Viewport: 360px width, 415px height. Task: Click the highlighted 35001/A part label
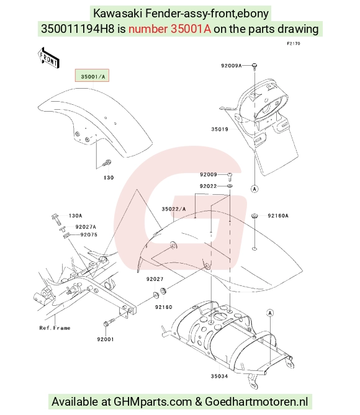pyautogui.click(x=92, y=76)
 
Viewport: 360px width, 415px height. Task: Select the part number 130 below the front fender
pyautogui.click(x=109, y=177)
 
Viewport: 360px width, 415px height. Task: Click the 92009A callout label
pyautogui.click(x=231, y=66)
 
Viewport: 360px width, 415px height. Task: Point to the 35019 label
pyautogui.click(x=220, y=130)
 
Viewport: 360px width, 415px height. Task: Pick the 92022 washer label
pyautogui.click(x=208, y=186)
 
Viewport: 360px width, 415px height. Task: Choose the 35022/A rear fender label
pyautogui.click(x=174, y=209)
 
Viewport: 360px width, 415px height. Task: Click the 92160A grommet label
pyautogui.click(x=278, y=216)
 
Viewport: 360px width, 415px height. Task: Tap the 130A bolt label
pyautogui.click(x=76, y=216)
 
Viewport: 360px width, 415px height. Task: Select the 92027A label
pyautogui.click(x=86, y=227)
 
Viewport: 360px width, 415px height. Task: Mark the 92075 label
pyautogui.click(x=89, y=234)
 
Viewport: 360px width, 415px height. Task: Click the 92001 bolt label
pyautogui.click(x=106, y=339)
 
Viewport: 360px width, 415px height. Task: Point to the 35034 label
pyautogui.click(x=219, y=376)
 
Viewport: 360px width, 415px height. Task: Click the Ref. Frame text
pyautogui.click(x=55, y=328)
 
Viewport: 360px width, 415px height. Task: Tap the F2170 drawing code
pyautogui.click(x=294, y=43)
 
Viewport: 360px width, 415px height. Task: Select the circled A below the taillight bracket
pyautogui.click(x=254, y=189)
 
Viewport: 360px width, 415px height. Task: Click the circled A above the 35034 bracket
pyautogui.click(x=270, y=313)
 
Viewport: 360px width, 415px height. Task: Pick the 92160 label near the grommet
pyautogui.click(x=164, y=307)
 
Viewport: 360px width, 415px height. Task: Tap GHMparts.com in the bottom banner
pyautogui.click(x=153, y=402)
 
